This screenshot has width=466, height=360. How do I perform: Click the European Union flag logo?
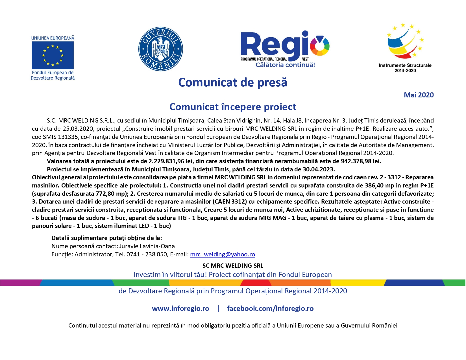point(53,55)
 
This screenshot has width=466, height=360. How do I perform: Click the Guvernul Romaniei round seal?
point(160,49)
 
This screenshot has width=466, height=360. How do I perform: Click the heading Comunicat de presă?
point(233,82)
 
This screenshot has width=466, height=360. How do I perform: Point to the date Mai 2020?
point(419,95)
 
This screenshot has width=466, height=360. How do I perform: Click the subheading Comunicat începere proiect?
point(233,107)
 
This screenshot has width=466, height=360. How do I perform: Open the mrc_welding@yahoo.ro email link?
point(223,254)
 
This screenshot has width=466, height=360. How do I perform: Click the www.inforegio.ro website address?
point(180,309)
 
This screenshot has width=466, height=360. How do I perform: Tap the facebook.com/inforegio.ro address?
point(270,309)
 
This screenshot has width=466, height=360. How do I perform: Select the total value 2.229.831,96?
point(166,161)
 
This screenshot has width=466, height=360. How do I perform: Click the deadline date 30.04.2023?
point(318,169)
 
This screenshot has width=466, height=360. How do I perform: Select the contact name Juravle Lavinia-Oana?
point(147,246)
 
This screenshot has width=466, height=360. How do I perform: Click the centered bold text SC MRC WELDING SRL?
point(233,266)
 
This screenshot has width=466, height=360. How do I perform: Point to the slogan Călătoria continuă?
point(285,65)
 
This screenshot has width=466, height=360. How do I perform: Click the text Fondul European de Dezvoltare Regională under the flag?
point(53,75)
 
